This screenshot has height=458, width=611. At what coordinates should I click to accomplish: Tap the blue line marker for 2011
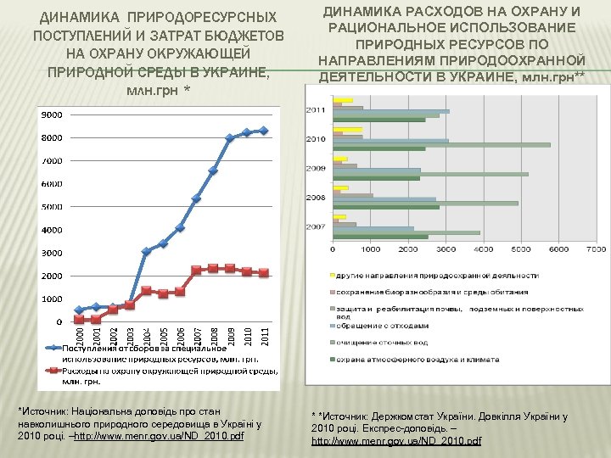pyautogui.click(x=265, y=131)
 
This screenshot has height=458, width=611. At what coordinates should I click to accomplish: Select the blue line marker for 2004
pyautogui.click(x=146, y=251)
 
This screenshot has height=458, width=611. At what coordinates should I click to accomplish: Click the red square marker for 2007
pyautogui.click(x=196, y=270)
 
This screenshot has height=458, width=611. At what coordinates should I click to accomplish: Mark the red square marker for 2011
pyautogui.click(x=265, y=273)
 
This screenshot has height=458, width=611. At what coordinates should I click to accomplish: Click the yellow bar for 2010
pyautogui.click(x=348, y=130)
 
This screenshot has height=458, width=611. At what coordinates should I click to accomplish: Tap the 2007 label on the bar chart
pyautogui.click(x=316, y=227)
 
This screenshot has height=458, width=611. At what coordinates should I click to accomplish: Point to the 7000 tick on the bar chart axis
pyautogui.click(x=597, y=249)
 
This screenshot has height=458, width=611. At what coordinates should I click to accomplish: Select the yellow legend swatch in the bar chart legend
pyautogui.click(x=330, y=276)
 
